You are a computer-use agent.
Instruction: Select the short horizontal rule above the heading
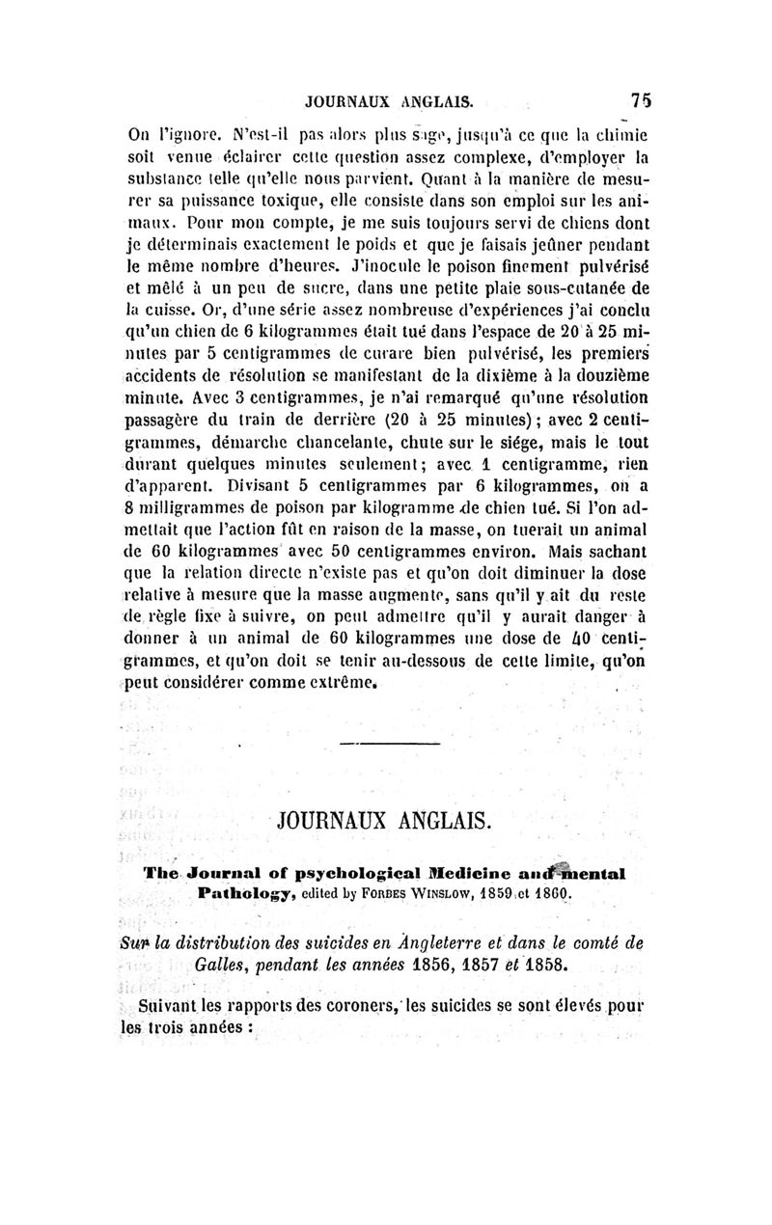tap(386, 743)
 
